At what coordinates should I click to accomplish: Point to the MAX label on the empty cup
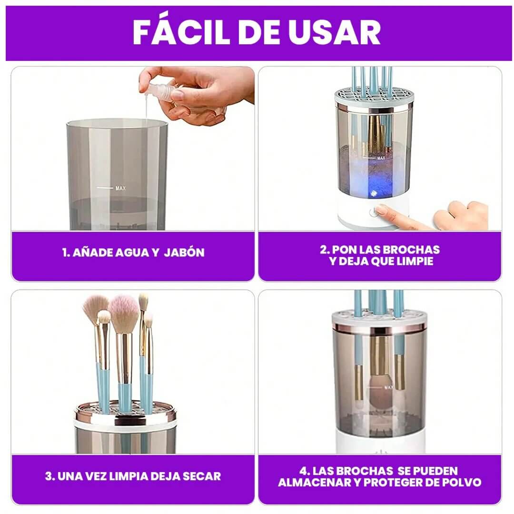click(x=120, y=188)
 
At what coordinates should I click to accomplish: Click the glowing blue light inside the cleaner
click(x=373, y=193)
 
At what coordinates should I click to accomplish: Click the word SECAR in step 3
click(x=202, y=476)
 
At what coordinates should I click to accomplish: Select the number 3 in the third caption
click(x=49, y=476)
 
